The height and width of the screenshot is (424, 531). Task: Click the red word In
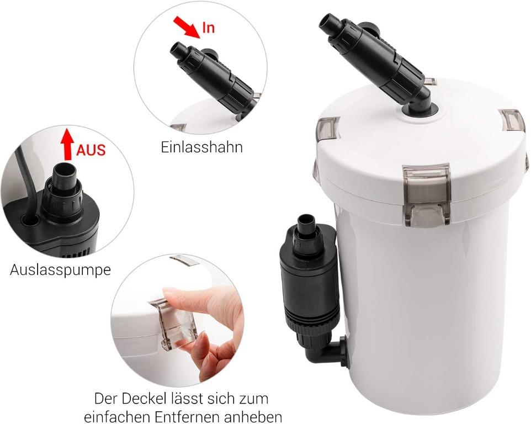click(208, 28)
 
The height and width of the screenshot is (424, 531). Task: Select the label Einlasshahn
click(201, 147)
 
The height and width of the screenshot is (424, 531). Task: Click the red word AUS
click(91, 150)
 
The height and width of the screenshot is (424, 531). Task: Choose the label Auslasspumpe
click(60, 270)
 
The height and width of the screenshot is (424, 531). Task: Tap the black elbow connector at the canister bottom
click(330, 352)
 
